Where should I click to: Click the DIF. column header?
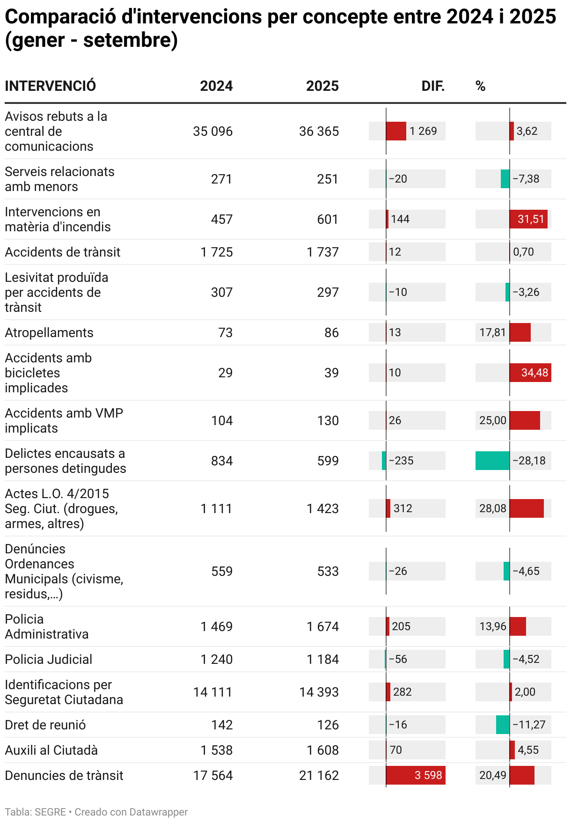pos(432,86)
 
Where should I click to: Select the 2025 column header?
pos(322,86)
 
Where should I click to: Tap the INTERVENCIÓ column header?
pos(51,86)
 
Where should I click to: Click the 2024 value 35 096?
pos(212,131)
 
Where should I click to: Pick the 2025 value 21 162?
pos(319,775)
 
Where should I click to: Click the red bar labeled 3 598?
pos(416,775)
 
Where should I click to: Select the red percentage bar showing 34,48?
pos(530,373)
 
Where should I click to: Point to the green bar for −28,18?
pos(492,461)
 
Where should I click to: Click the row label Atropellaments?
pos(49,332)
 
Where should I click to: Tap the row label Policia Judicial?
pos(49,659)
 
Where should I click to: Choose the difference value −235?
pos(401,461)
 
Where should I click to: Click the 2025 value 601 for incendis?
pos(328,219)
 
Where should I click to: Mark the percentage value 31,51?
pos(531,219)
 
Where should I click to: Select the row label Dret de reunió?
pos(45,725)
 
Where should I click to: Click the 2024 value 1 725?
pos(216,252)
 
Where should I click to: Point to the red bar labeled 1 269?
pos(396,131)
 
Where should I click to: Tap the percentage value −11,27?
pos(529,725)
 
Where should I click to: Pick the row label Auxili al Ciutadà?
pos(51,750)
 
